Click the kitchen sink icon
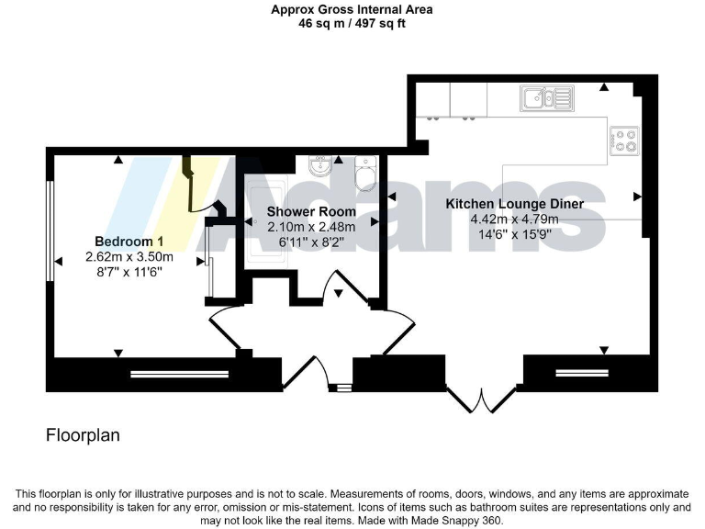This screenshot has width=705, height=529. tap(546, 96)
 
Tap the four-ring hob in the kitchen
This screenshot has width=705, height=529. tap(624, 140)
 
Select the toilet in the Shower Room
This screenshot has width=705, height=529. tap(364, 171)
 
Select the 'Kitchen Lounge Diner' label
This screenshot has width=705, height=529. tap(514, 204)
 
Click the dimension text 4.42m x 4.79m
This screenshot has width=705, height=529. tap(514, 219)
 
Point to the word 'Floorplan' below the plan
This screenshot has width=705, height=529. tap(83, 434)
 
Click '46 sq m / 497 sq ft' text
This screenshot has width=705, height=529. tap(352, 24)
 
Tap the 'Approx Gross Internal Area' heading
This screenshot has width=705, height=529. tap(352, 10)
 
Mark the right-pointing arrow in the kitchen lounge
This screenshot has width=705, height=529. tap(636, 196)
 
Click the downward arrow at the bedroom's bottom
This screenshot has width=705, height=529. tap(117, 353)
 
